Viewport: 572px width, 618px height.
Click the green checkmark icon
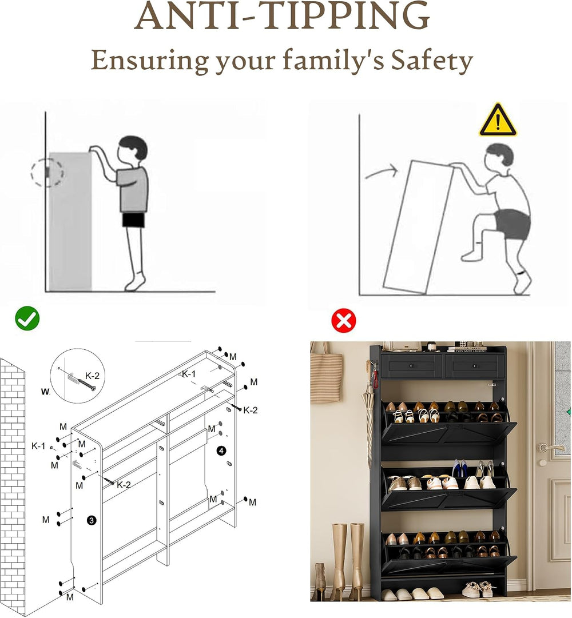point(27,318)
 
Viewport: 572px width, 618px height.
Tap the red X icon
point(344,320)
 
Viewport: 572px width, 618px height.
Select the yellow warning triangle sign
point(498,120)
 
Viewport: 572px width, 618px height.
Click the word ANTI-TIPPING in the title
point(282,16)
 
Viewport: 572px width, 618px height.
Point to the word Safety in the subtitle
point(432,61)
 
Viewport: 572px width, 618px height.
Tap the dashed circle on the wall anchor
point(47,172)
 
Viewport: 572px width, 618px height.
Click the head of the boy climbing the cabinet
point(499,158)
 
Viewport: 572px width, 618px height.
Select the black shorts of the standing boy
point(133,220)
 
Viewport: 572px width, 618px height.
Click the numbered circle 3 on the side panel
point(92,521)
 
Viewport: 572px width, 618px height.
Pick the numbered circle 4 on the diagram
point(221,450)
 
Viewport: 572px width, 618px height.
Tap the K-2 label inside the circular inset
point(92,376)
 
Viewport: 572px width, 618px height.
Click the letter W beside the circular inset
point(45,392)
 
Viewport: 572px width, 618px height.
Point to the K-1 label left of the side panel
point(38,446)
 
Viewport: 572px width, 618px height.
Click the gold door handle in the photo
point(550,447)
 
